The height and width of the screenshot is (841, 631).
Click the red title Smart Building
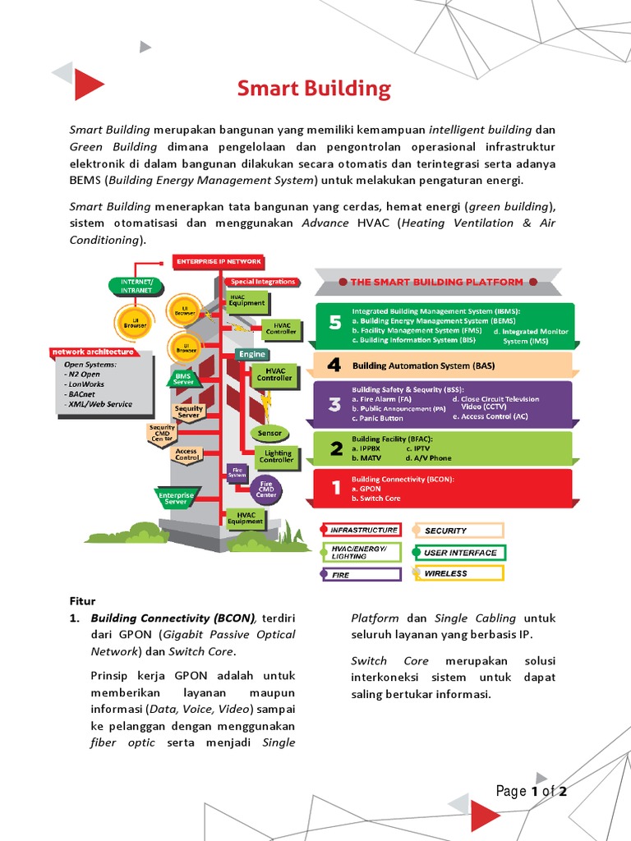[x=314, y=89]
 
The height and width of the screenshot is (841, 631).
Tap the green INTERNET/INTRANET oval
[x=136, y=286]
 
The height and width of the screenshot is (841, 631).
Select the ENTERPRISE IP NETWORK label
[x=219, y=262]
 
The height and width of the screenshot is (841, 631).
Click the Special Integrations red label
[x=262, y=282]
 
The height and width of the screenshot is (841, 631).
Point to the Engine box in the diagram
[x=252, y=354]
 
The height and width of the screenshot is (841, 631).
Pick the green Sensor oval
[x=269, y=433]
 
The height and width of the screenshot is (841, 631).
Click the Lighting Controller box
[x=277, y=457]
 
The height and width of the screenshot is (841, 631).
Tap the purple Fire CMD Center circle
[x=266, y=489]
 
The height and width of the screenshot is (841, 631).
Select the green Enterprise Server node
[x=176, y=497]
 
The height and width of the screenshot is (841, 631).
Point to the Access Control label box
[x=187, y=454]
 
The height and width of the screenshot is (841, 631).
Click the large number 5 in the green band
[x=334, y=324]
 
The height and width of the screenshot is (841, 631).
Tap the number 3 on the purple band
[x=334, y=404]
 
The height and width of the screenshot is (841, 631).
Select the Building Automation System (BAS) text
[x=423, y=365]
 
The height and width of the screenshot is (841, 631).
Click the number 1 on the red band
[x=335, y=488]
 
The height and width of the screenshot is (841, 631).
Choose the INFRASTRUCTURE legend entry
[x=361, y=530]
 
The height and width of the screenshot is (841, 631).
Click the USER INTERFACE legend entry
[x=459, y=553]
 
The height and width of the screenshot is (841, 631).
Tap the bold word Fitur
[x=82, y=601]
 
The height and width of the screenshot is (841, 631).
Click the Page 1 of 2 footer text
[x=532, y=792]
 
